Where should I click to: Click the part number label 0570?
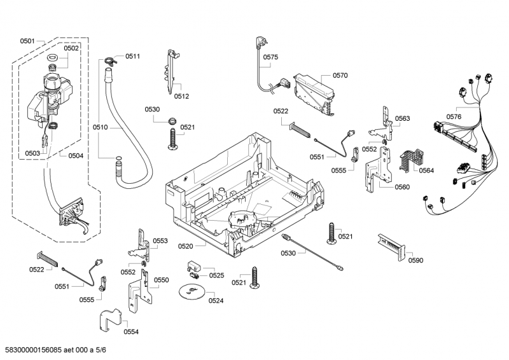340,75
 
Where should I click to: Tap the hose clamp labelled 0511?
109,61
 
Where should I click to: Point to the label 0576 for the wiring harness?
454,116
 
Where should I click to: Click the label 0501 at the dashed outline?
27,41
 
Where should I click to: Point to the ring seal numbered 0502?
53,60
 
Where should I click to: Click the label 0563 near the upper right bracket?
402,118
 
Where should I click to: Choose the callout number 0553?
160,241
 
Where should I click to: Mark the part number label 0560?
402,187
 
